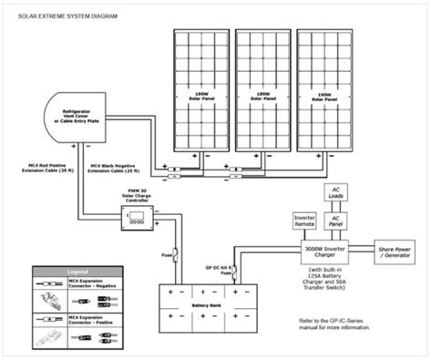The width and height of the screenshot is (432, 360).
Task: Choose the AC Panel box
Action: pyautogui.click(x=335, y=221)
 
